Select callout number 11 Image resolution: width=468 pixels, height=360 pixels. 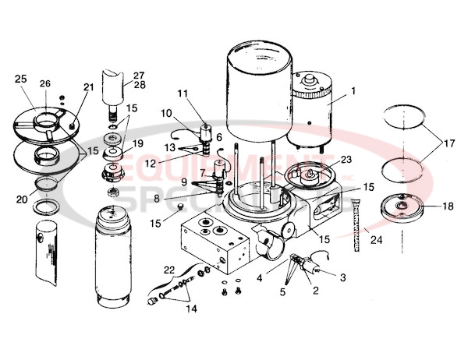pyautogui.click(x=183, y=94)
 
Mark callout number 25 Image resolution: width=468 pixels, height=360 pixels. pyautogui.click(x=20, y=79)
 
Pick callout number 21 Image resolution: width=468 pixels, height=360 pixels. pyautogui.click(x=88, y=86)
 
